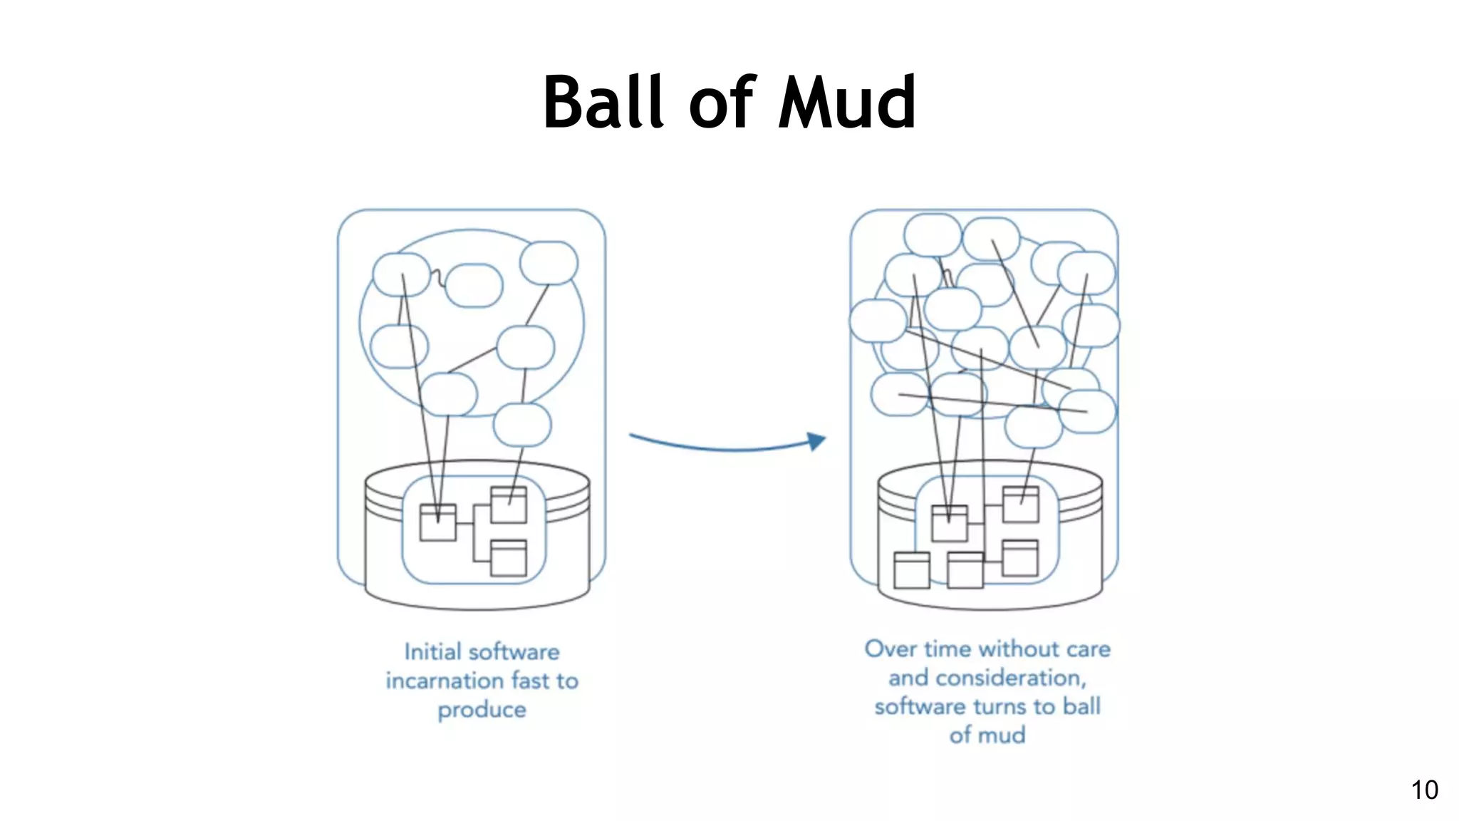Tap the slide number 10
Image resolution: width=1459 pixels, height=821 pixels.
pyautogui.click(x=1424, y=790)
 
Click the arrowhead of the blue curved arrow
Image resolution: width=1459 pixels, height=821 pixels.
pyautogui.click(x=816, y=441)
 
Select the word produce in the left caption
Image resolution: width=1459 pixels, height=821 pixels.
pyautogui.click(x=482, y=710)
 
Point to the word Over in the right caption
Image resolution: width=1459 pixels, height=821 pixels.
pyautogui.click(x=891, y=649)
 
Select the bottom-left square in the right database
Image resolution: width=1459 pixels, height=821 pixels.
pyautogui.click(x=911, y=570)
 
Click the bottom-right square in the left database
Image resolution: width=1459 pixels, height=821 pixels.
pyautogui.click(x=509, y=558)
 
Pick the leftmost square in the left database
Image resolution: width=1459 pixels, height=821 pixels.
pyautogui.click(x=437, y=523)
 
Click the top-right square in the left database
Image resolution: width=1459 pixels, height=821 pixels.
pyautogui.click(x=509, y=505)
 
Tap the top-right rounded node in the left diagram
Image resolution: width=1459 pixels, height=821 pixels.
pyautogui.click(x=549, y=263)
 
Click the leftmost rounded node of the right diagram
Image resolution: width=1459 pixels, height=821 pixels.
pyautogui.click(x=878, y=321)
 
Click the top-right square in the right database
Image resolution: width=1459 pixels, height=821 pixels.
pyautogui.click(x=1020, y=505)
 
